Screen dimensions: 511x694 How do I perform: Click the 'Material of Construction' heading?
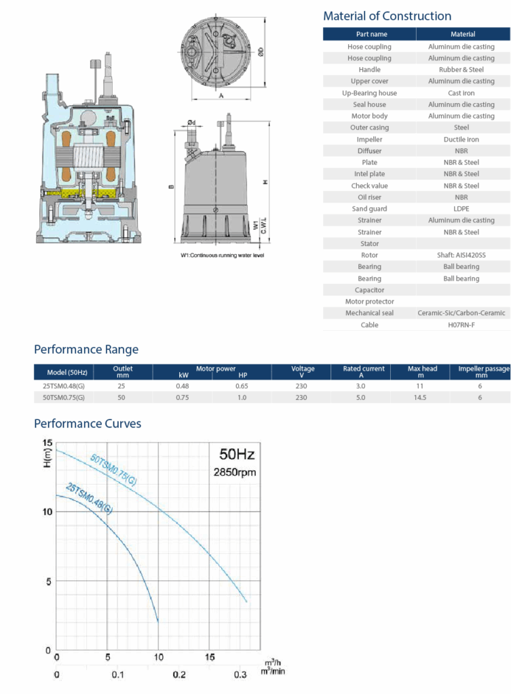coord(387,16)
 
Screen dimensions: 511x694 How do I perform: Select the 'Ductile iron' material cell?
coord(461,139)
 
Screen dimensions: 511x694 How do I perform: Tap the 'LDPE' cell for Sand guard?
coord(461,209)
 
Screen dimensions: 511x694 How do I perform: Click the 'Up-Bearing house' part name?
coord(369,93)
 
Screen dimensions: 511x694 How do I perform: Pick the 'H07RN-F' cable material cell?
coord(461,325)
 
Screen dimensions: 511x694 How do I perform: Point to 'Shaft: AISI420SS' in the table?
coord(461,255)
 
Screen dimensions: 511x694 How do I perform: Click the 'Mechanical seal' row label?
coord(369,313)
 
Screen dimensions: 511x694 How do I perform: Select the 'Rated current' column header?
coord(364,368)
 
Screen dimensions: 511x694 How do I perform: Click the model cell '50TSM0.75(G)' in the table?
coord(63,397)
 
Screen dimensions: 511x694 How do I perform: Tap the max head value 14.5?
coord(419,397)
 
